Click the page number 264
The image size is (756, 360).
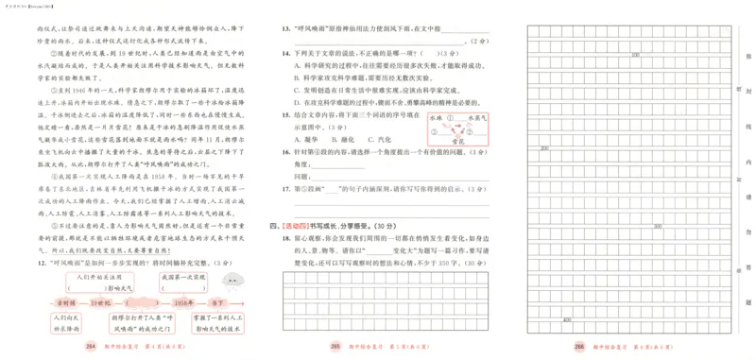(x=91, y=347)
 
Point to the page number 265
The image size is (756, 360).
(x=335, y=347)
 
